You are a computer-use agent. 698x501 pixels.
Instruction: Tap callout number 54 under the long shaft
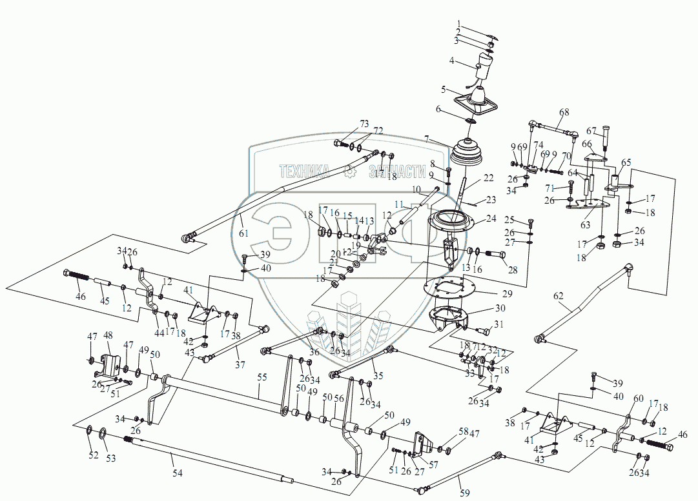(176, 473)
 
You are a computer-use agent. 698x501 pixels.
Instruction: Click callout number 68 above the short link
(564, 113)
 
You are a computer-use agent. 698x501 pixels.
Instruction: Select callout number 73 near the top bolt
(364, 123)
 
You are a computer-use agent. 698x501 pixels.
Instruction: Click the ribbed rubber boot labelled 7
(469, 155)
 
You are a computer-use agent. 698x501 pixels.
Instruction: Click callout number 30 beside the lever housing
(500, 309)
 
